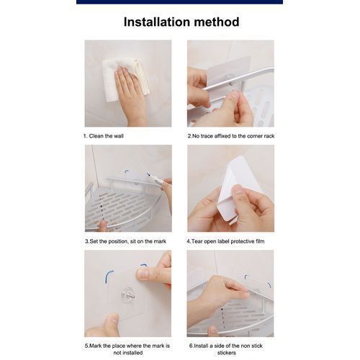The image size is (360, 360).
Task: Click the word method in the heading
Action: (217, 22)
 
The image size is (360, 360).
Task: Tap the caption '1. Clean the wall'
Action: (104, 136)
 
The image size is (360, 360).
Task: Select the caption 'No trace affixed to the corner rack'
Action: (233, 136)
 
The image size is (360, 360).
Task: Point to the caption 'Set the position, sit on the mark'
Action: (128, 241)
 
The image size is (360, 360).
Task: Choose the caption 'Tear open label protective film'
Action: (228, 241)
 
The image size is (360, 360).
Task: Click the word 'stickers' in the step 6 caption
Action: (227, 353)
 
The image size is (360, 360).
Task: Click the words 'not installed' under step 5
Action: (128, 353)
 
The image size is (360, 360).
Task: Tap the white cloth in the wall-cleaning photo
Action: (125, 79)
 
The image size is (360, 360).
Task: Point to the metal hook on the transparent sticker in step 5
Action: (129, 295)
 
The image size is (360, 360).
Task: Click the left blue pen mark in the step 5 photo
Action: (109, 279)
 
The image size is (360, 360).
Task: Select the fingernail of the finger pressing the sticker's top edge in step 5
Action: (143, 274)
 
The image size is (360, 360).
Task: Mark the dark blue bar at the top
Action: (179, 2)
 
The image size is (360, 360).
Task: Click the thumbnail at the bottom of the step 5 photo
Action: (112, 318)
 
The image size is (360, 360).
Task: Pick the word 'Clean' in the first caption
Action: (96, 136)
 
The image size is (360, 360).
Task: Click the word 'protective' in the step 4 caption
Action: (243, 241)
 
